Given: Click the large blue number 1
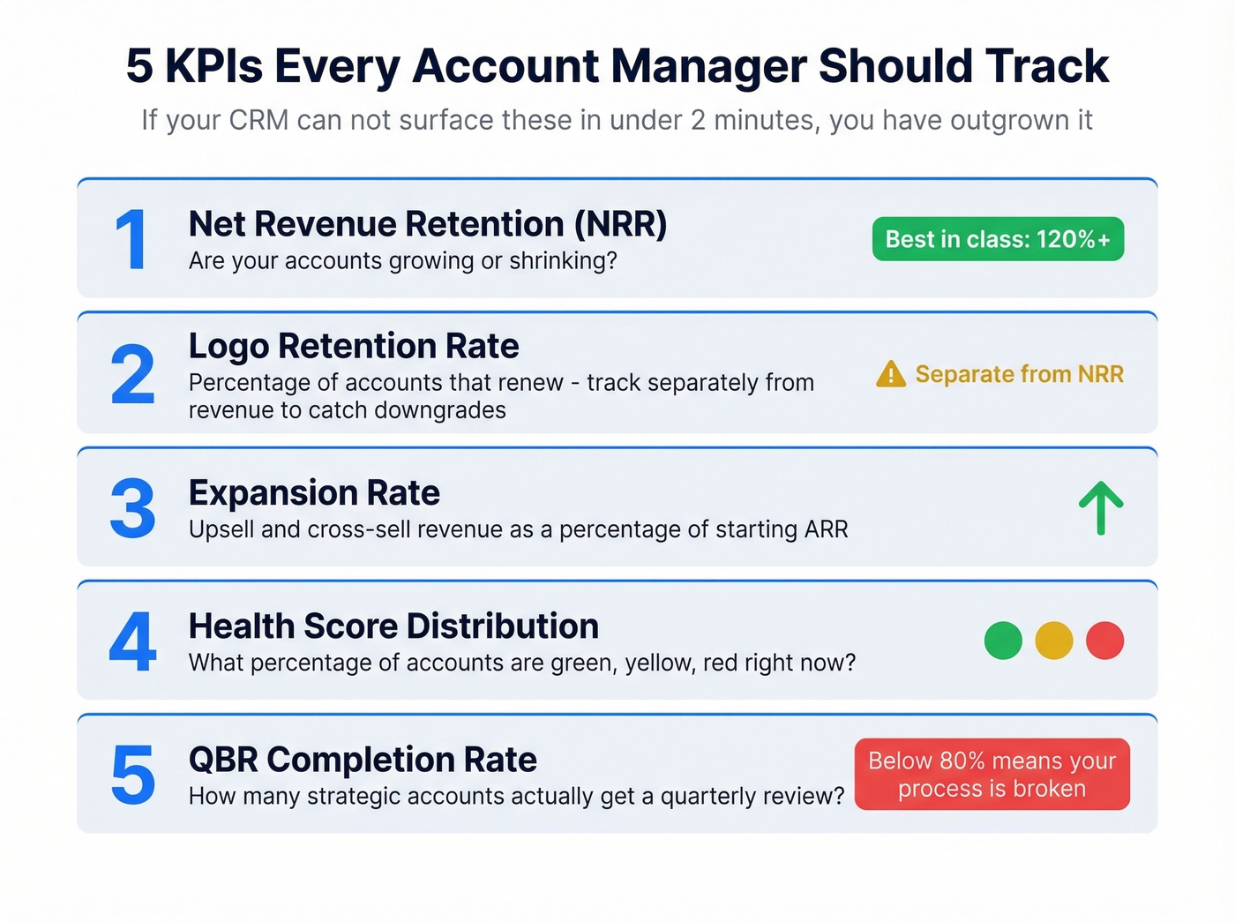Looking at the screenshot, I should [x=131, y=240].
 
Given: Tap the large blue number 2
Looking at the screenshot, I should [x=132, y=374].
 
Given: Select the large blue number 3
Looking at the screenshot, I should [x=132, y=508].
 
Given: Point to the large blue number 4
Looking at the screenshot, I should [x=132, y=641].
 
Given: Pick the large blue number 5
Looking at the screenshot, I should [x=132, y=775].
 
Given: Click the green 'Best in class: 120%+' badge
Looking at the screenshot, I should [x=998, y=239].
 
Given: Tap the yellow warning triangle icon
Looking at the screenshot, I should [x=890, y=374].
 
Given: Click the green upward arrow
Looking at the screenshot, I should [x=1101, y=508].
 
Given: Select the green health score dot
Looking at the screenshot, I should [x=1003, y=641].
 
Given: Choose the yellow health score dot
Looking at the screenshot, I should [x=1053, y=641].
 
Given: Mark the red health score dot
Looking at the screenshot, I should [x=1104, y=641].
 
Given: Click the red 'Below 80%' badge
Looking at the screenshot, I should [x=992, y=774].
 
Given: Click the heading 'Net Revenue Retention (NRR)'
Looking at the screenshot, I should [x=427, y=224].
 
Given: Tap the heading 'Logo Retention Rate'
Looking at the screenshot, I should [x=354, y=346].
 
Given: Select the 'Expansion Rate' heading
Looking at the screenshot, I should [x=314, y=492].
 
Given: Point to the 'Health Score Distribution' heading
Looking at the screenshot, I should [x=393, y=626].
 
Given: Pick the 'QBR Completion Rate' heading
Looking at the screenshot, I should [x=363, y=760].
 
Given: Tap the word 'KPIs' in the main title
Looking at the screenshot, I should [x=213, y=66].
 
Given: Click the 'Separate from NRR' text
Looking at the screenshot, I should [x=1019, y=374].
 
